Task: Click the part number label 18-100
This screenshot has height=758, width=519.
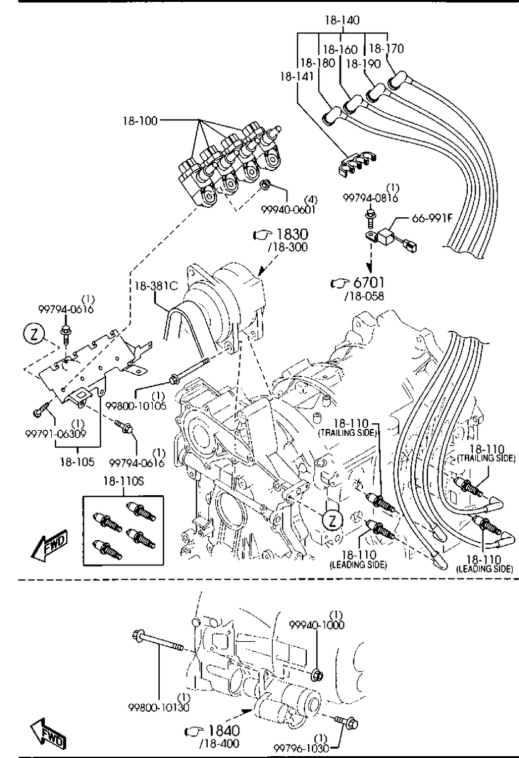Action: pos(140,119)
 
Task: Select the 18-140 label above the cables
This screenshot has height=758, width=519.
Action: pos(342,20)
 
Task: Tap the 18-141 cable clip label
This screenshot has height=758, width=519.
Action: pos(295,76)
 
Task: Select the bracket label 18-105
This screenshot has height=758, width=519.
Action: pos(77,462)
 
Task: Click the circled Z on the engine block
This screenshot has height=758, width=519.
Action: pos(330,520)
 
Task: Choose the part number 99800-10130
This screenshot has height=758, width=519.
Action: pos(159,706)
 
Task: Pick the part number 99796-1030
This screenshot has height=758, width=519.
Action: pos(301,748)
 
